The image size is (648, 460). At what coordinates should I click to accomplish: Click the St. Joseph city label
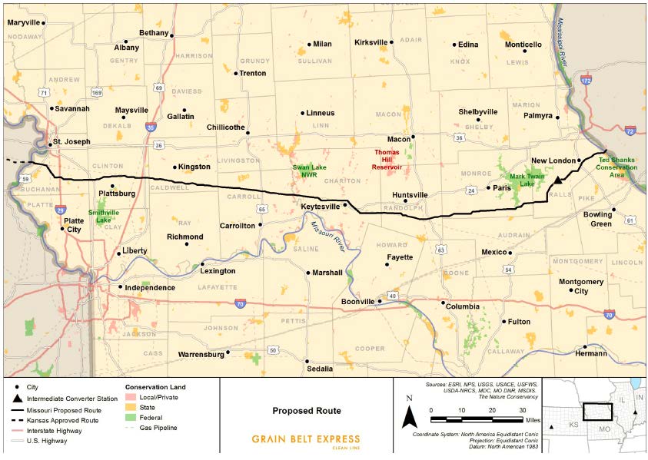coord(70,142)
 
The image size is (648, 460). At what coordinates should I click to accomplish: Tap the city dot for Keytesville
coord(345,204)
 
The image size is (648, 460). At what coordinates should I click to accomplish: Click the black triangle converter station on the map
coord(558,178)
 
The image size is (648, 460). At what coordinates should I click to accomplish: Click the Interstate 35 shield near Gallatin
coord(151,127)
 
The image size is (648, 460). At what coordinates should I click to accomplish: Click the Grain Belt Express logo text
coord(305,440)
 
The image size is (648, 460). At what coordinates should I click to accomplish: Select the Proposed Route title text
coord(306,411)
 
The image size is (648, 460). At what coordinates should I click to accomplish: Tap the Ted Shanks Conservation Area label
coord(616,167)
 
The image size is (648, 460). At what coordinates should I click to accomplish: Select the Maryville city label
coord(23,22)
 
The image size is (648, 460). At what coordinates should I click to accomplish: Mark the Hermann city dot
coord(585,347)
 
